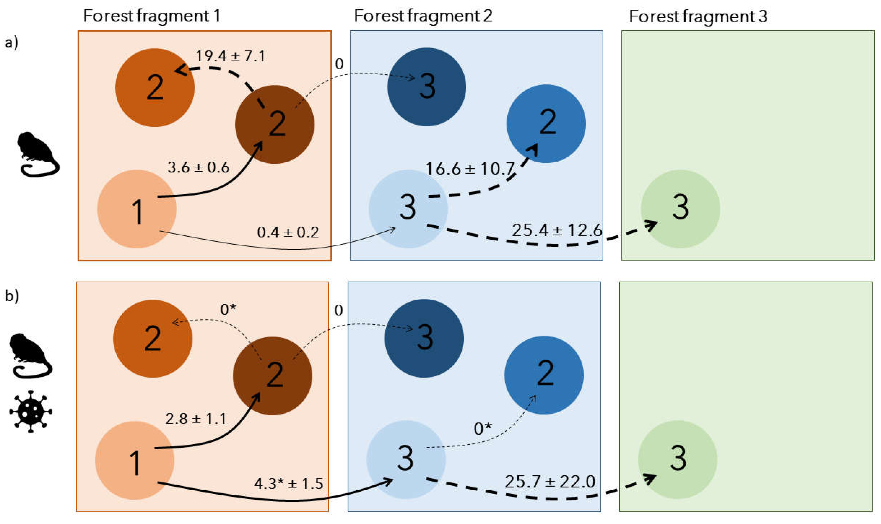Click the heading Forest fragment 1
[x=151, y=16]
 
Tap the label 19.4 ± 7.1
[x=230, y=56]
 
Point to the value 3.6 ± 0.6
[x=198, y=167]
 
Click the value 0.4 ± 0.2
[x=288, y=232]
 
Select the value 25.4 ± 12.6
[x=557, y=230]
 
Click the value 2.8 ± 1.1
[x=195, y=419]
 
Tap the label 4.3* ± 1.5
[x=288, y=483]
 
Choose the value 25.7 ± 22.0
[x=550, y=482]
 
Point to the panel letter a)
[x=11, y=43]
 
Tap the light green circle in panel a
[x=680, y=209]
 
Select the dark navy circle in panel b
[x=424, y=338]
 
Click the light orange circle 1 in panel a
[x=136, y=209]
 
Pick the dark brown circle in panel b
[x=272, y=375]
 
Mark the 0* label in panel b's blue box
[x=482, y=429]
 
